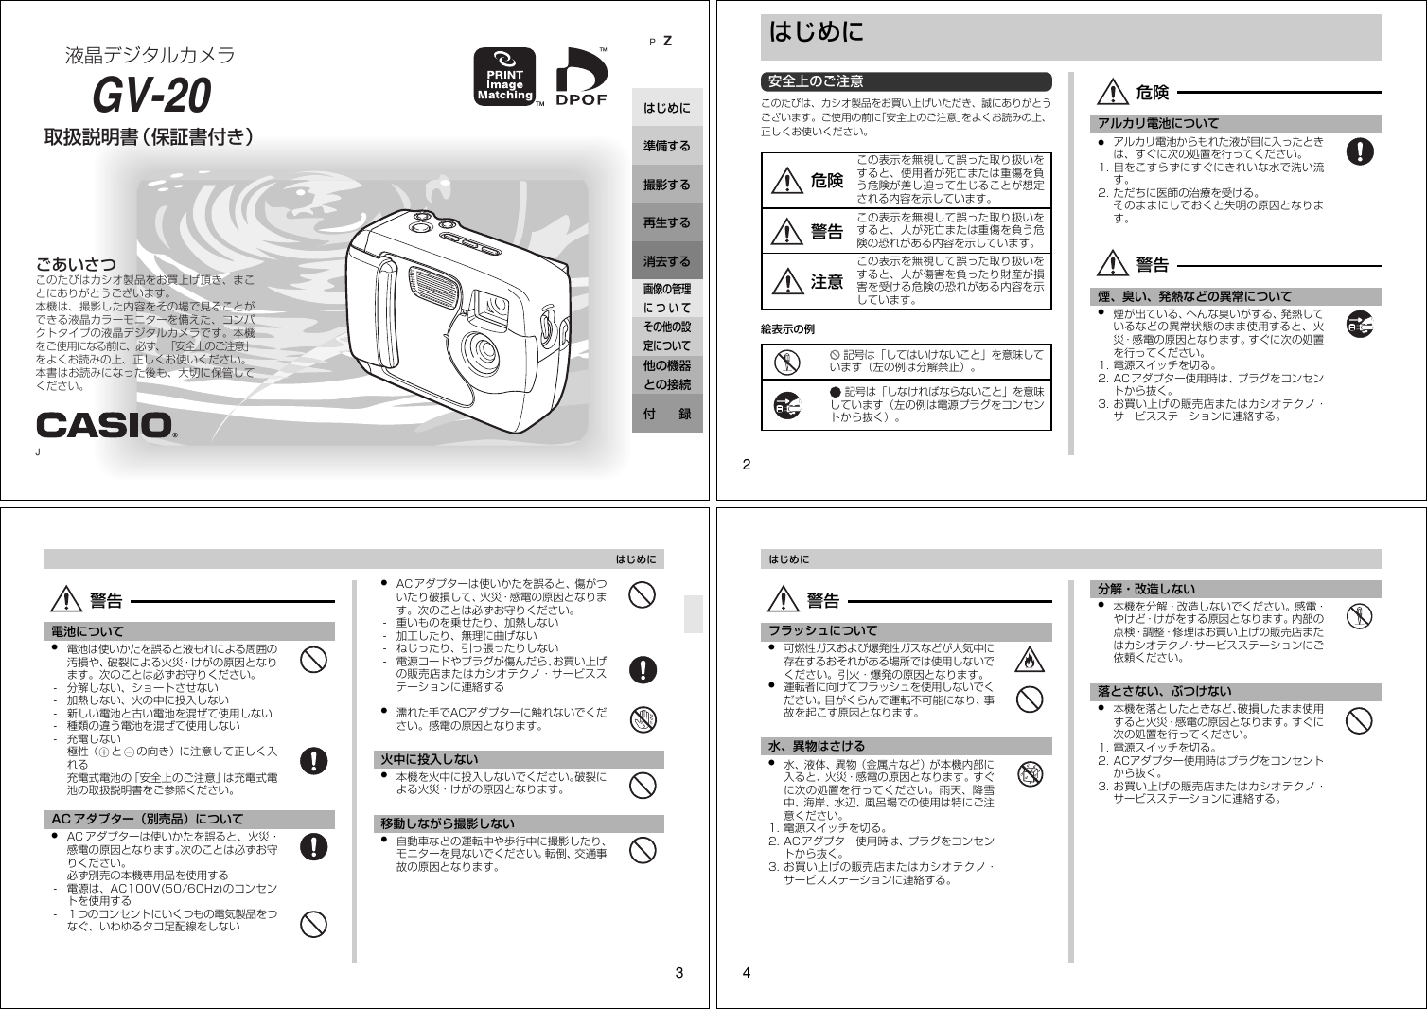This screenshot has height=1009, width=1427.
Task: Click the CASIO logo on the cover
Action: (x=105, y=425)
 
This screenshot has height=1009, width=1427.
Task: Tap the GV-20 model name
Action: (x=151, y=95)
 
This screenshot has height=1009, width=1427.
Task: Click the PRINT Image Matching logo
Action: (x=504, y=77)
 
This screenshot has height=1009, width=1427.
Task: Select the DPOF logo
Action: (x=580, y=77)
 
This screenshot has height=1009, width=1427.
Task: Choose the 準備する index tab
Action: (x=667, y=146)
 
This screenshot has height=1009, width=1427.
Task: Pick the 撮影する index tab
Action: (x=667, y=185)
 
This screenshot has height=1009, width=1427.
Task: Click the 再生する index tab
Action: (x=667, y=222)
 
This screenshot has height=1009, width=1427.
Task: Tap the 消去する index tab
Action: (x=667, y=261)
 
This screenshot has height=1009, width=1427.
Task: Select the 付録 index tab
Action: (x=667, y=414)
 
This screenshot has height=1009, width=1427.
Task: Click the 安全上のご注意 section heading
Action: (x=816, y=81)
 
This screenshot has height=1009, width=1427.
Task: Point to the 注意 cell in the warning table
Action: (x=809, y=281)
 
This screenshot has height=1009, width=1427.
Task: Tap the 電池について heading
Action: (x=87, y=631)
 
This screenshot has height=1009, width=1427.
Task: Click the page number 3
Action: (x=678, y=972)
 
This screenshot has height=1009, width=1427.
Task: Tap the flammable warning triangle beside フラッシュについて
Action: (x=1029, y=659)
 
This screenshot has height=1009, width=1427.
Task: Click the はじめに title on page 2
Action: (x=816, y=32)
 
